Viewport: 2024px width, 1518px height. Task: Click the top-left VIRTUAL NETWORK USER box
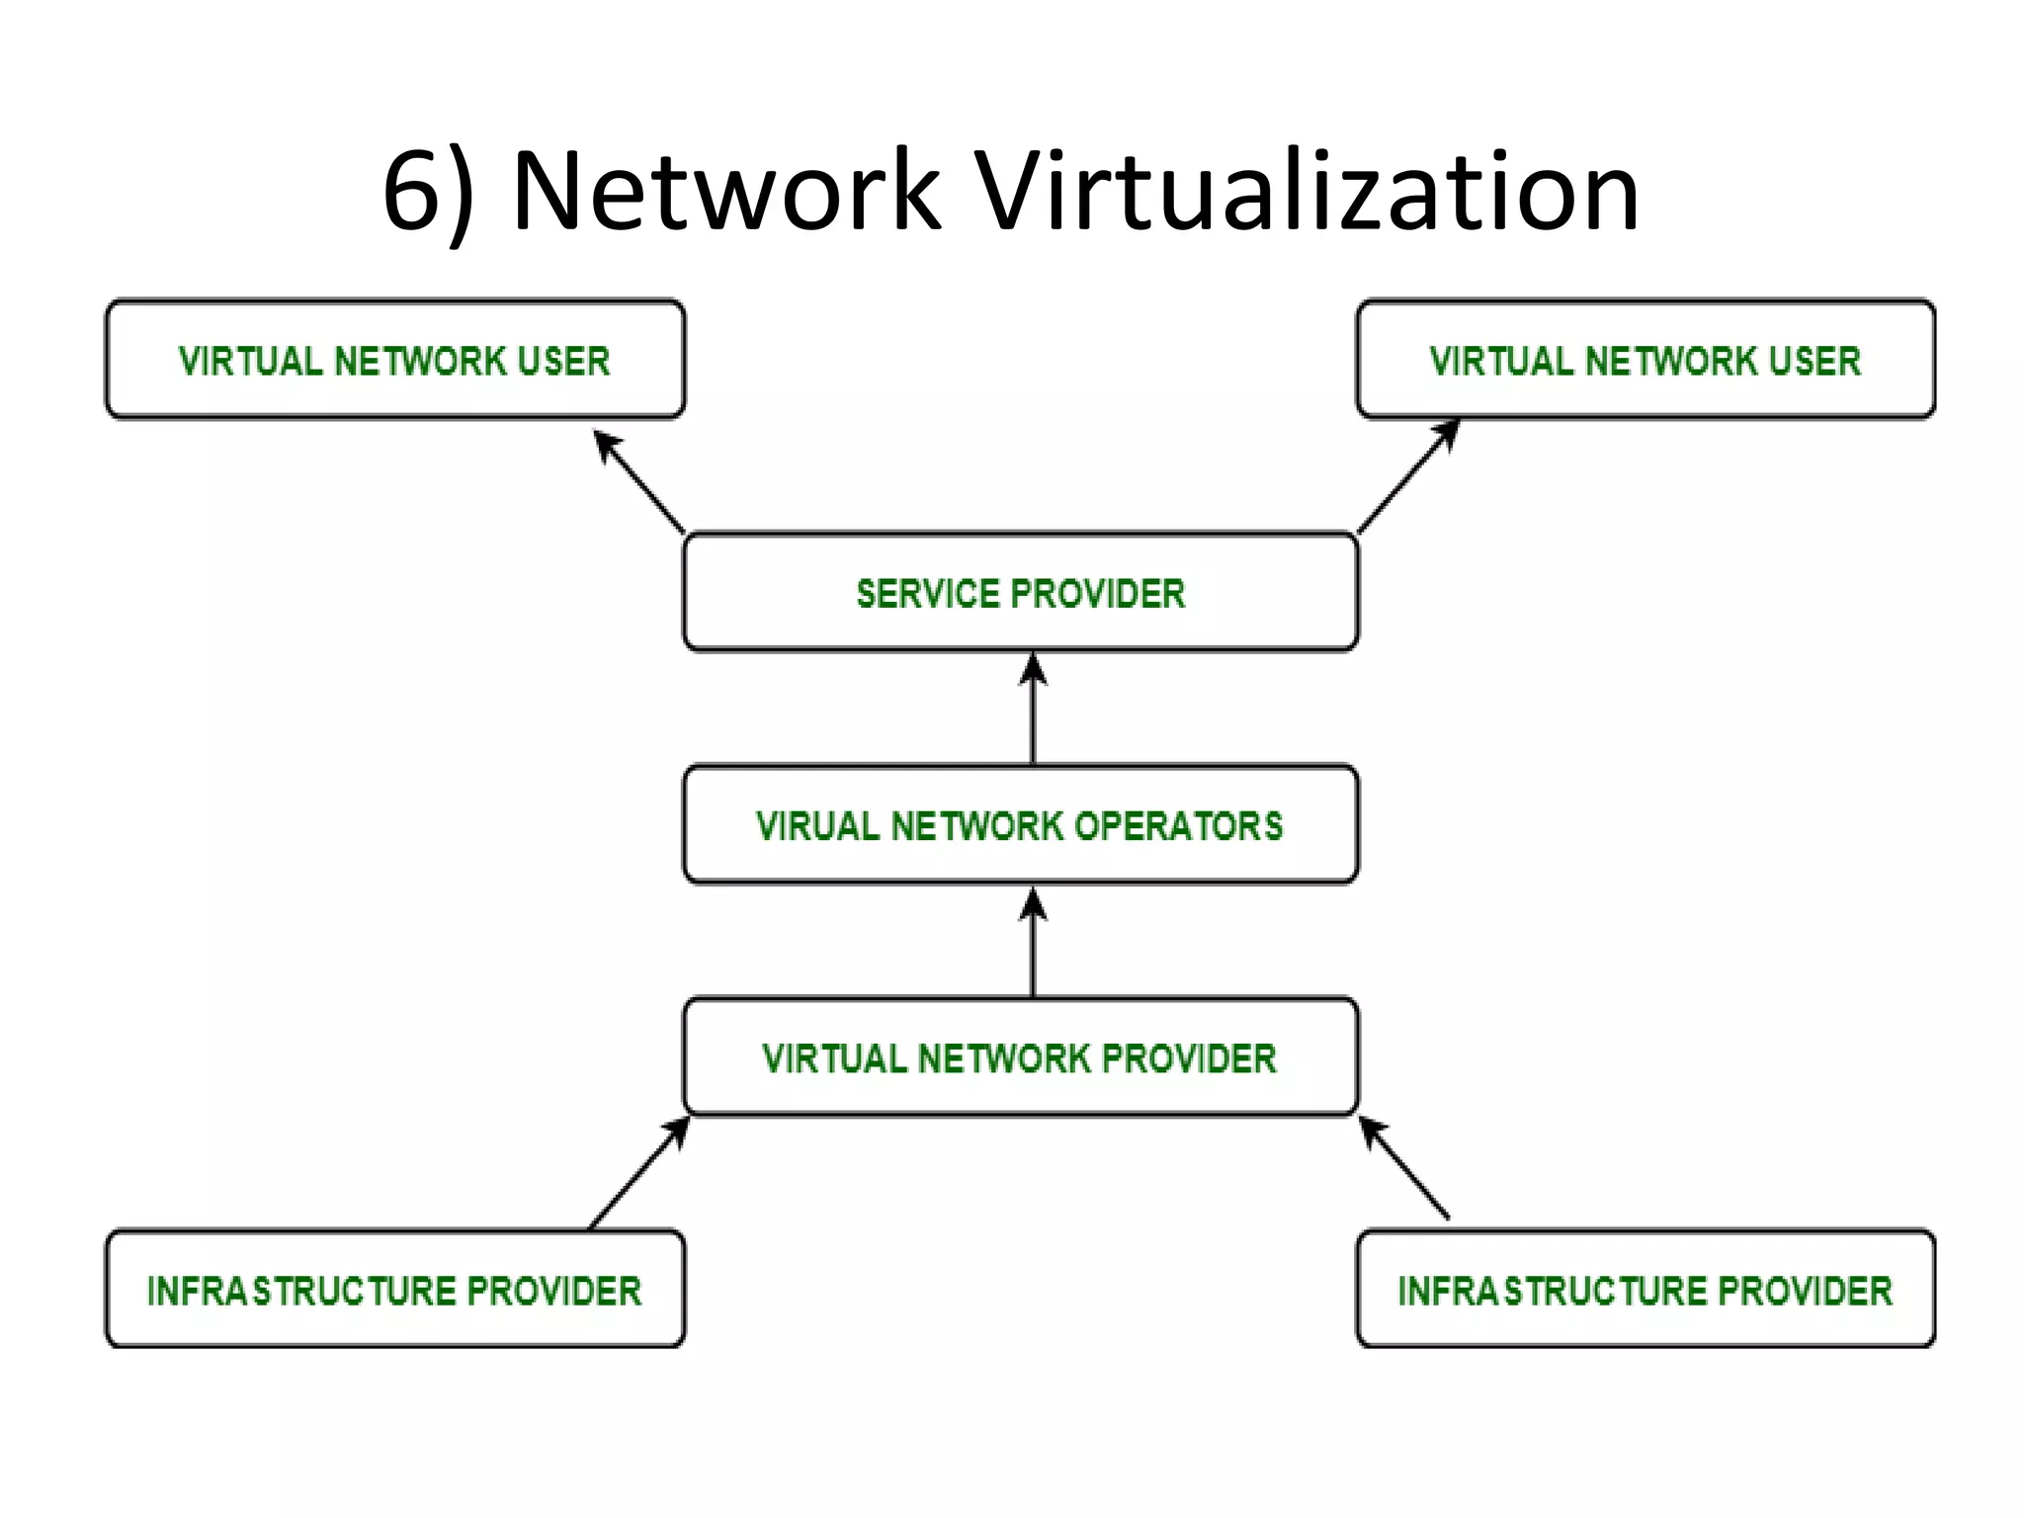click(394, 360)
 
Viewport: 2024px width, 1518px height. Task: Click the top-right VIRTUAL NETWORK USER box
click(1645, 360)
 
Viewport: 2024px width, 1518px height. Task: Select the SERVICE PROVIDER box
click(1020, 593)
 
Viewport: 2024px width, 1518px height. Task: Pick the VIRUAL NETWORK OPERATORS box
click(1020, 825)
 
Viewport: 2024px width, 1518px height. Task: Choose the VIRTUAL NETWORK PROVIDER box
click(1020, 1057)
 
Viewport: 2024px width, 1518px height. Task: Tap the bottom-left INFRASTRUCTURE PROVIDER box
click(394, 1290)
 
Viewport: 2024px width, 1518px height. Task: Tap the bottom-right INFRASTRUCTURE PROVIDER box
click(1645, 1290)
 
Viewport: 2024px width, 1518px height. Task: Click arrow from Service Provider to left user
click(639, 482)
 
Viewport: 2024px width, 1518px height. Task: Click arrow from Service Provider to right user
click(1407, 476)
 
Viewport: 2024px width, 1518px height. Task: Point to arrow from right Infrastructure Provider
click(1403, 1168)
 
